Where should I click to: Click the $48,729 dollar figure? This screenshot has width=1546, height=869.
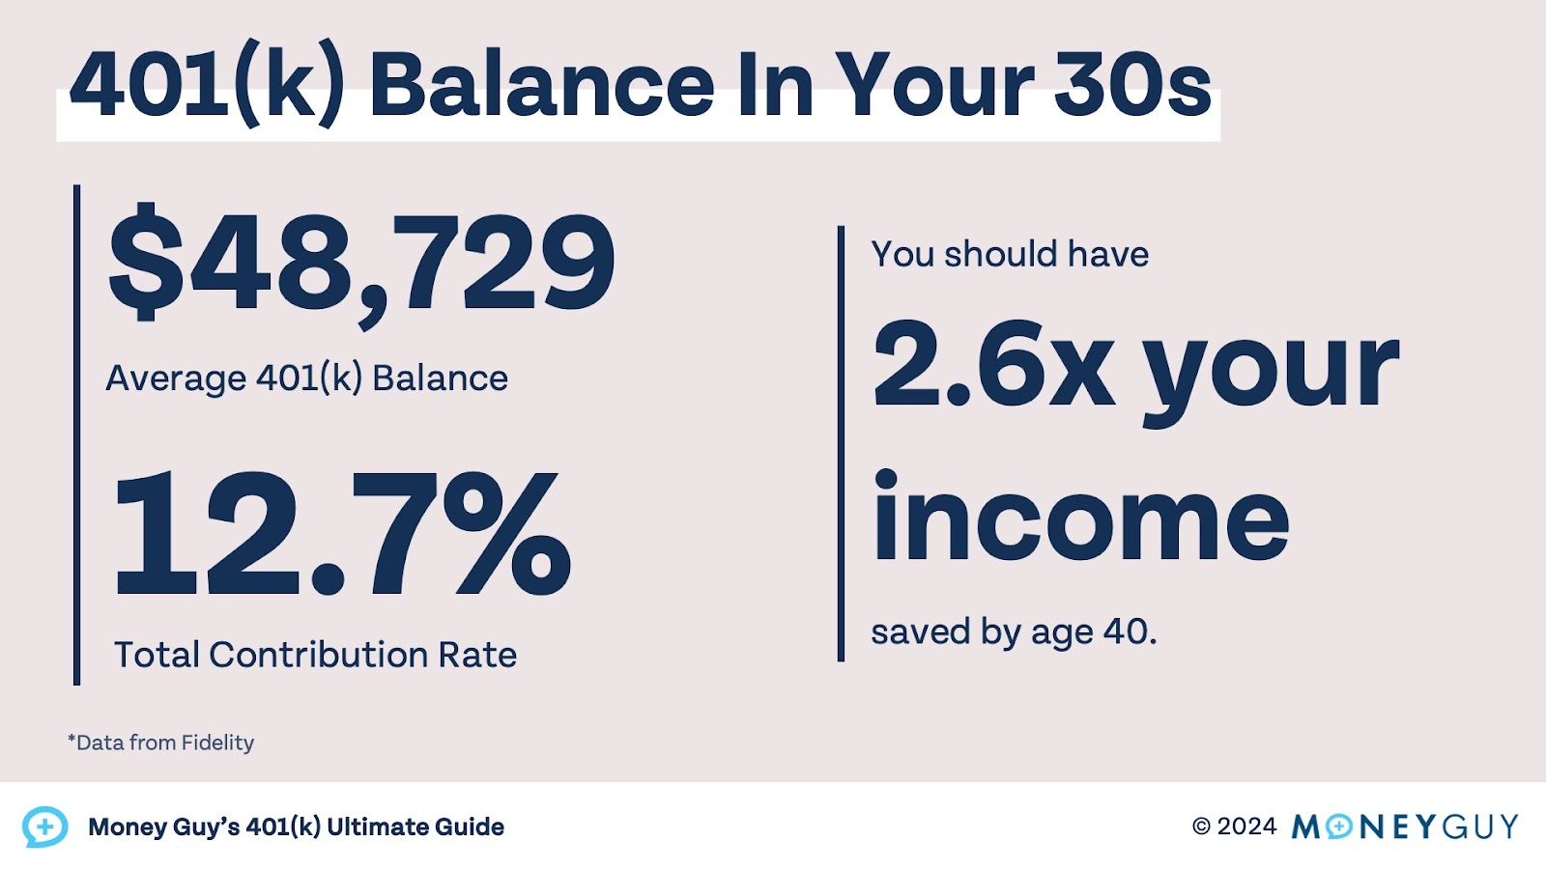[x=361, y=263]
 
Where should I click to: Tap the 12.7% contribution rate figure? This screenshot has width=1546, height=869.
[x=342, y=534]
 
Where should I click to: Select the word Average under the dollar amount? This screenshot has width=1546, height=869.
[x=175, y=378]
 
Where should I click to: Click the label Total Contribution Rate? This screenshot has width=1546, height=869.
[x=315, y=655]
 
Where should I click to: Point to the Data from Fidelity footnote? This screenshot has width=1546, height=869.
[x=161, y=743]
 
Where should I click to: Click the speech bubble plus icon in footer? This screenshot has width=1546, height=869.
[x=44, y=827]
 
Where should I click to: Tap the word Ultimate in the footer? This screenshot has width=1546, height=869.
[x=376, y=827]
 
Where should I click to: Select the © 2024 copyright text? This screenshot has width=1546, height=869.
[x=1234, y=827]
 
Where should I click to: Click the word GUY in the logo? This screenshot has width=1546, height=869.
[x=1480, y=827]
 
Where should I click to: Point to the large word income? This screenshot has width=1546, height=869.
[x=1080, y=520]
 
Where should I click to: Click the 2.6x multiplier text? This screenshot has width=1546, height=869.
[x=993, y=365]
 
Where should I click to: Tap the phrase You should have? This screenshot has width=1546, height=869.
[x=1010, y=254]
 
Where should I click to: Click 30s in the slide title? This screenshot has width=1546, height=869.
[x=1131, y=85]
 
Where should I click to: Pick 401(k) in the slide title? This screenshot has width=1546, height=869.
[x=207, y=85]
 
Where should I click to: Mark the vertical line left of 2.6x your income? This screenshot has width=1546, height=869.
[x=841, y=444]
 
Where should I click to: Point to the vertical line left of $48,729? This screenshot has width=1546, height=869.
[x=77, y=434]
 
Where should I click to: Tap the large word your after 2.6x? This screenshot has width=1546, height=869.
[x=1271, y=370]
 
